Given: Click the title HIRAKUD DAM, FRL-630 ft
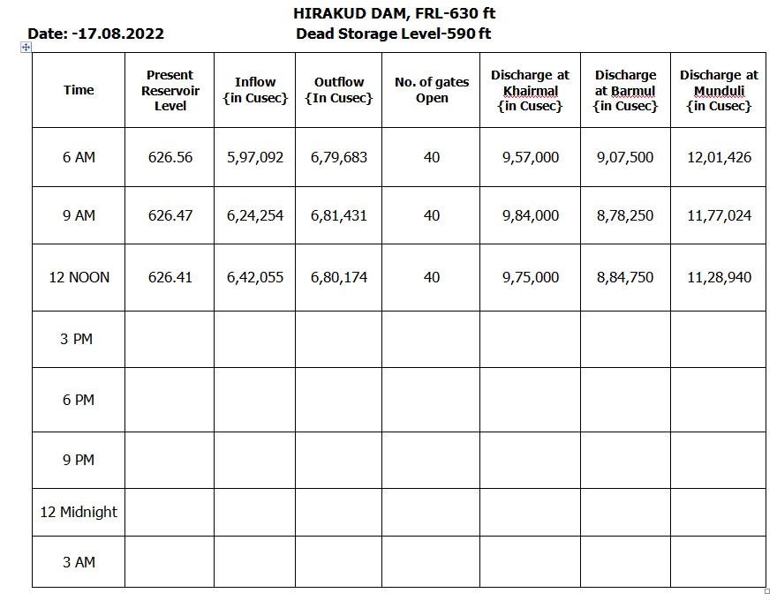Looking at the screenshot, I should (394, 13).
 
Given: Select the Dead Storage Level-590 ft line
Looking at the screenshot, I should (394, 34).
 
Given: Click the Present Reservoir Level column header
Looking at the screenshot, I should (170, 90).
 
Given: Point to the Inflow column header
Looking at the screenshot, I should (255, 90).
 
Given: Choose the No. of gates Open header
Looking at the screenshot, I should (432, 90).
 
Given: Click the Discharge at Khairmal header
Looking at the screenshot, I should (530, 90).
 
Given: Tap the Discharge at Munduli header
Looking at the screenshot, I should (719, 90).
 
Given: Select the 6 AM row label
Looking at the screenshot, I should (79, 157).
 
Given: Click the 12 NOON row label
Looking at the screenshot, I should (79, 277).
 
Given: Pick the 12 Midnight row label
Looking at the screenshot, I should (79, 512).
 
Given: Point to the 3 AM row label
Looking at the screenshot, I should (79, 562).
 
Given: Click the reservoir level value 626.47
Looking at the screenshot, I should (170, 215).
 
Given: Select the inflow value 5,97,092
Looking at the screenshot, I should (255, 157).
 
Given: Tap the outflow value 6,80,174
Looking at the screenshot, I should (339, 277).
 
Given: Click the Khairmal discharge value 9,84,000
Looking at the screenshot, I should (530, 215).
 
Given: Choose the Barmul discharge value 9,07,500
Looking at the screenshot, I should (625, 157).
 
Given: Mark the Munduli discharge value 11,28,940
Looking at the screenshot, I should (719, 277).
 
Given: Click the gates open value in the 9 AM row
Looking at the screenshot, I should (432, 215).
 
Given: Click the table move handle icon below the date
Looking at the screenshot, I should (26, 48).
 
